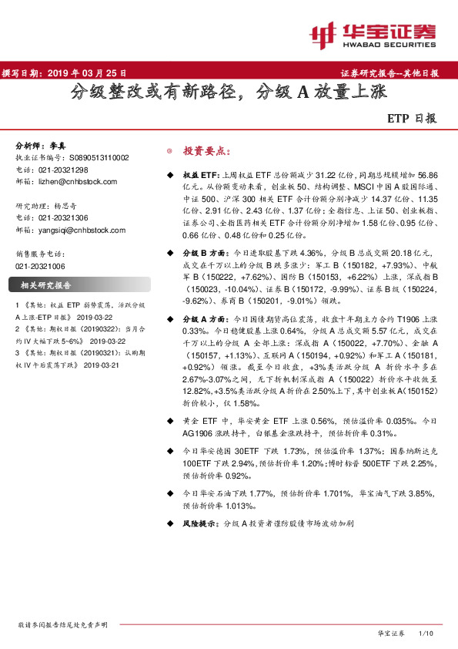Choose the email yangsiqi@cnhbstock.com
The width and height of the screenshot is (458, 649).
click(82, 230)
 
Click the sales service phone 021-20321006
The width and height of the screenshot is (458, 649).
click(45, 265)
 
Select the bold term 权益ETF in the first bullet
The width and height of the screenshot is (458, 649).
click(200, 176)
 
